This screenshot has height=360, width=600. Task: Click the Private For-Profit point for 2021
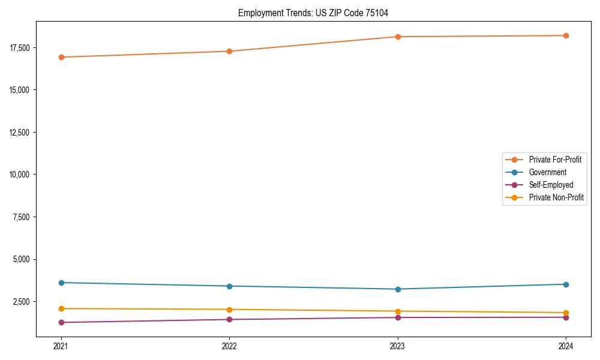coord(61,57)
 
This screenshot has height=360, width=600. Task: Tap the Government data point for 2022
coord(229,286)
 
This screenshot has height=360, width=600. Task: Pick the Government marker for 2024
coord(566,284)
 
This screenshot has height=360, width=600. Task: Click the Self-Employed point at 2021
coord(61,322)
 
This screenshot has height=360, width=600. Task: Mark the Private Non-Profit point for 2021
coord(61,308)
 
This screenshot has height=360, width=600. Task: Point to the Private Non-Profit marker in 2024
coord(566,313)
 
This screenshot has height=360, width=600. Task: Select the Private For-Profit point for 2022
coord(229,51)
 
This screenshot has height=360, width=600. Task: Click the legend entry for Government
coord(547,172)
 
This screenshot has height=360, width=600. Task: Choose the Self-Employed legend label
coord(551,185)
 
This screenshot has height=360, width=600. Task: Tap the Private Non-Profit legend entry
coord(556,197)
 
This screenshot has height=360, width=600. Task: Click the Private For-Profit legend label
coord(555,160)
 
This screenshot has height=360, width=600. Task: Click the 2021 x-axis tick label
coord(61,346)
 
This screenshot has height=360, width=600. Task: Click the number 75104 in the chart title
coord(385,13)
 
